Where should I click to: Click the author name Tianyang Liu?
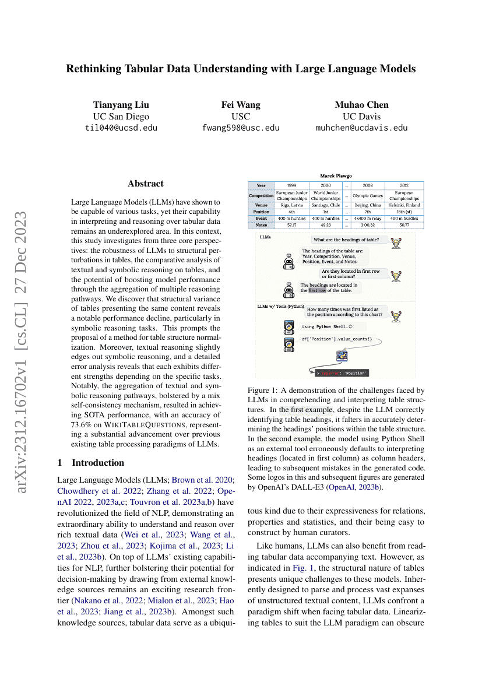click(x=121, y=105)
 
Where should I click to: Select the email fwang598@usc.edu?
click(x=241, y=128)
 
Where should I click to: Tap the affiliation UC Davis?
click(x=361, y=117)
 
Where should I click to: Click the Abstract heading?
click(x=146, y=184)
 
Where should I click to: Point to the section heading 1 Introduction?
click(x=90, y=463)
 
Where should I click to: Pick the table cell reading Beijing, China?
click(x=368, y=205)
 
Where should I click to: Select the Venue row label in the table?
click(x=262, y=205)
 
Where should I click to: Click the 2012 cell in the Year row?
click(x=404, y=185)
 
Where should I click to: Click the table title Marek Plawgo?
click(x=336, y=175)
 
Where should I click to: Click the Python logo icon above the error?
click(x=342, y=356)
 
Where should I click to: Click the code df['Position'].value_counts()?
click(x=337, y=339)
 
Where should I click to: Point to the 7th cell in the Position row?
click(x=368, y=212)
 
